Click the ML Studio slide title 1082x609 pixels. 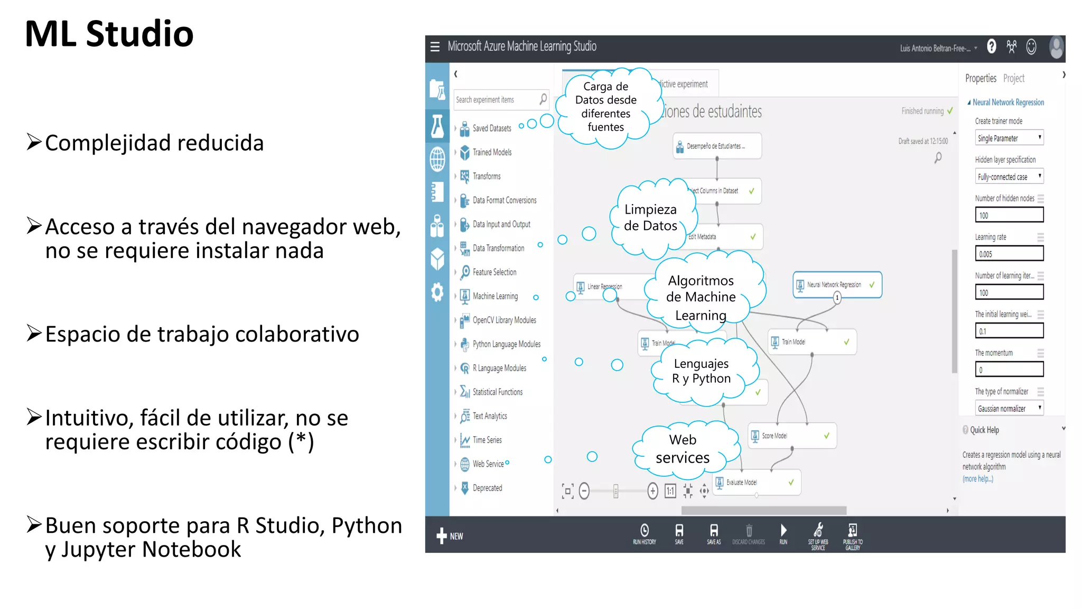(109, 34)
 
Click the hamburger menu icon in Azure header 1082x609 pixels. (435, 47)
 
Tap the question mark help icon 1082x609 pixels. (992, 47)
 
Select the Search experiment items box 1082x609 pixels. (497, 99)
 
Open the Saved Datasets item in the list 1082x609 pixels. (491, 128)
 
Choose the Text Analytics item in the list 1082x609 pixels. (489, 416)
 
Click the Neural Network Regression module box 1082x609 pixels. (837, 285)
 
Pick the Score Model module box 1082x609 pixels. (791, 436)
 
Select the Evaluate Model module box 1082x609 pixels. (757, 482)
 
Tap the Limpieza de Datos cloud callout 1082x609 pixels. (650, 218)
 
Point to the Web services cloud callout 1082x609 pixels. (683, 449)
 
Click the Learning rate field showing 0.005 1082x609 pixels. (1009, 254)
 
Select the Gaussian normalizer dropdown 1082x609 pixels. (1009, 408)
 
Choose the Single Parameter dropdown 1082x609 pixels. (1009, 138)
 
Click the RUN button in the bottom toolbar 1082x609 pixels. (783, 534)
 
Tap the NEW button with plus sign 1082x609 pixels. (450, 536)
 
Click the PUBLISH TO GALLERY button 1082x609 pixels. (852, 536)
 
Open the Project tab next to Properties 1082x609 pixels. (1013, 79)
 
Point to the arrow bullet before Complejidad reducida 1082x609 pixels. (34, 142)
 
